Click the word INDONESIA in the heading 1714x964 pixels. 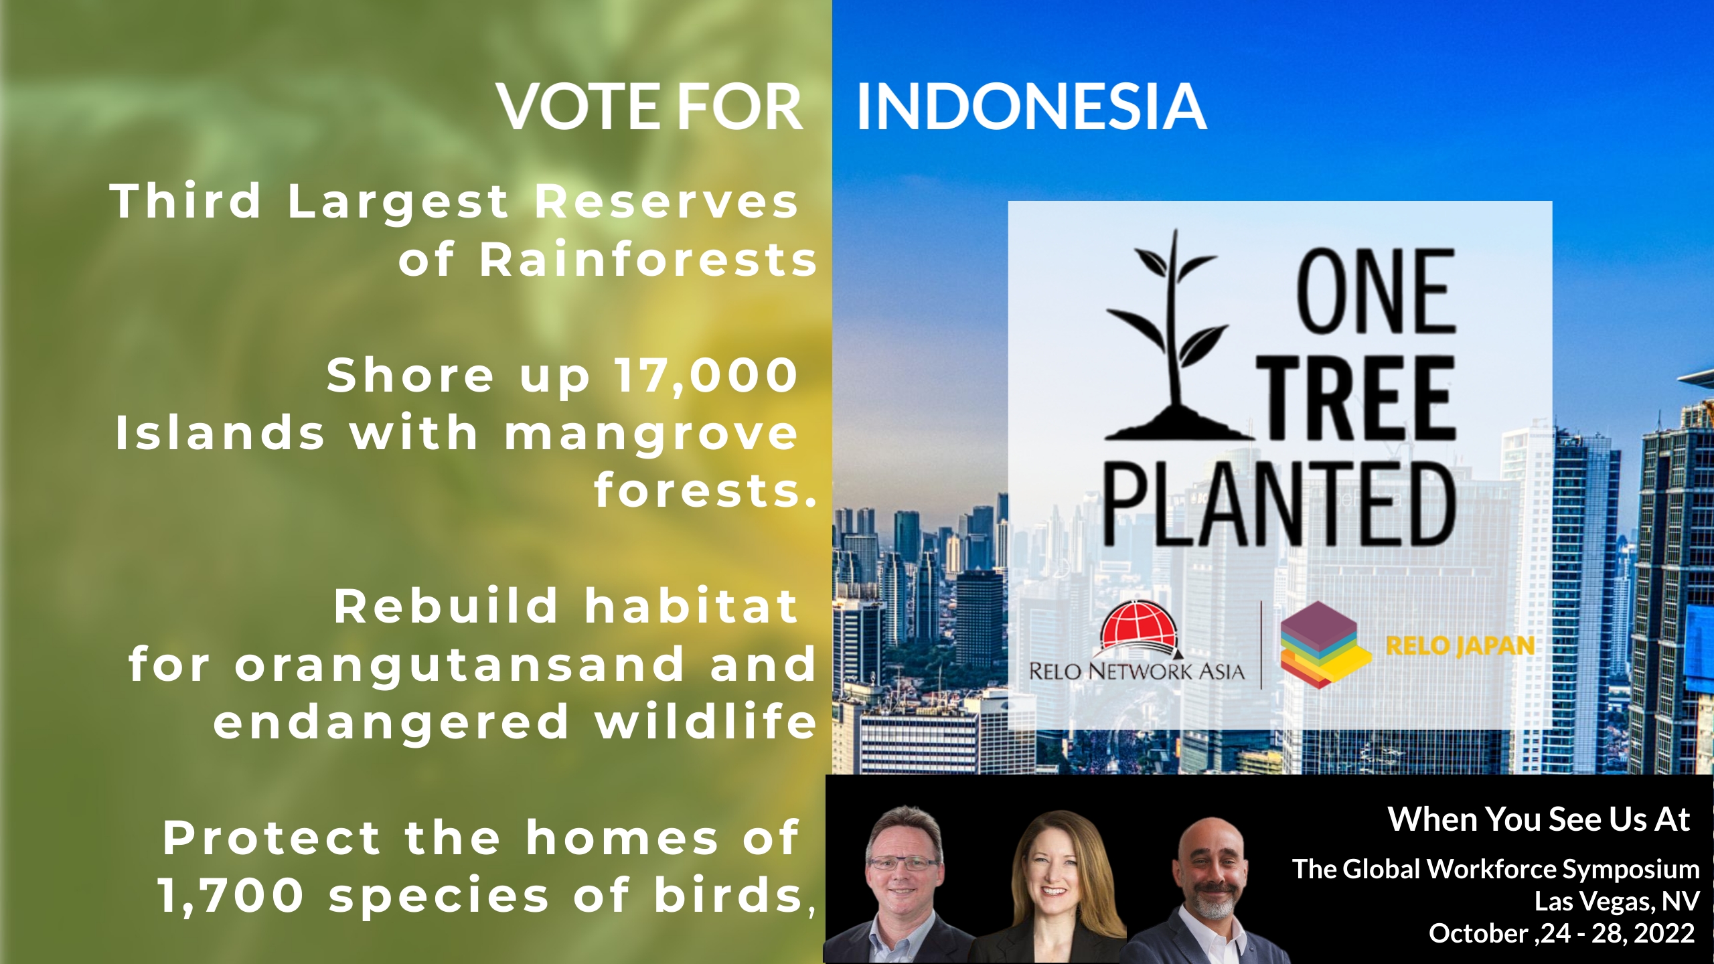pos(1032,106)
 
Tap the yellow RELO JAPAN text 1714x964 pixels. pos(1460,646)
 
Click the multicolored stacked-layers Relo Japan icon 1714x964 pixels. pos(1322,644)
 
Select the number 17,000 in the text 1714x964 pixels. pos(707,376)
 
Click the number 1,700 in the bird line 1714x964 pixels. pos(231,896)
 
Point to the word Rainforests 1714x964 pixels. pos(648,260)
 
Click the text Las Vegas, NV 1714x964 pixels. pos(1617,901)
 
